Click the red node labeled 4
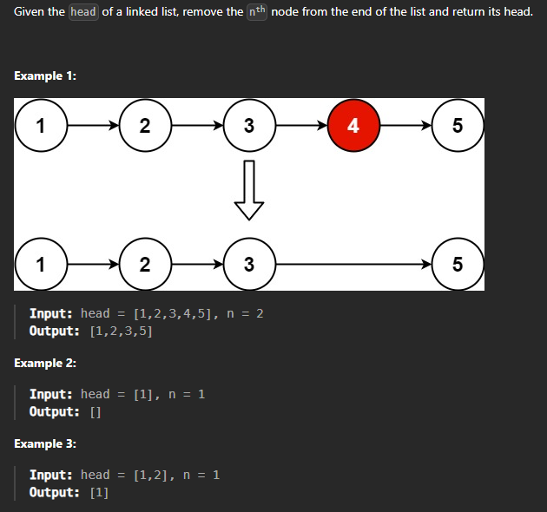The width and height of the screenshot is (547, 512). point(353,126)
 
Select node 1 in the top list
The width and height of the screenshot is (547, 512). point(40,126)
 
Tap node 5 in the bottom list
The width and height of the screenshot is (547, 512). point(458,264)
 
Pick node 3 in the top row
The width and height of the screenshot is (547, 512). point(249,126)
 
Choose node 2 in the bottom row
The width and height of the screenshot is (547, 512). point(144,264)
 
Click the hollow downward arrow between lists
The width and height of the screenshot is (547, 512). point(249,190)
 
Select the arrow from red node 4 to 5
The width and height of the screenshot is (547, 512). point(405,126)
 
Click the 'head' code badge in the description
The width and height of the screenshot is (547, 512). point(83,13)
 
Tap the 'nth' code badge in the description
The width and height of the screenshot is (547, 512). point(257,13)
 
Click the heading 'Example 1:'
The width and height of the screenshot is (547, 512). point(45,76)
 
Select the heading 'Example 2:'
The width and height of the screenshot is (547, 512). point(45,363)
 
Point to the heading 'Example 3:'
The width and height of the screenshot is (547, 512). point(45,443)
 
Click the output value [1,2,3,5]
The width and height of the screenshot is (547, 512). point(122,331)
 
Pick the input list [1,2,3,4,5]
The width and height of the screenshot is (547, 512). point(168,313)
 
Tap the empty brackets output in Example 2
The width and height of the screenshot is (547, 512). point(96,411)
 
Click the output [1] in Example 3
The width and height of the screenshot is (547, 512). point(99,492)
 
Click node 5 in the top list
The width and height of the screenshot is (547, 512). point(458,126)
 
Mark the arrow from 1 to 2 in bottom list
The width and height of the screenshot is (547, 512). point(92,264)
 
